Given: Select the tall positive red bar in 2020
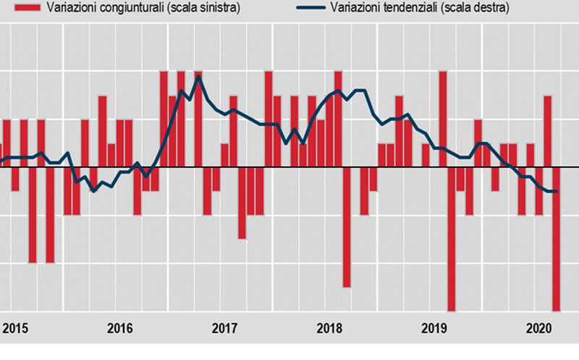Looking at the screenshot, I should tap(548, 131).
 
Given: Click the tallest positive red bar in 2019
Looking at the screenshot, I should tap(443, 119).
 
